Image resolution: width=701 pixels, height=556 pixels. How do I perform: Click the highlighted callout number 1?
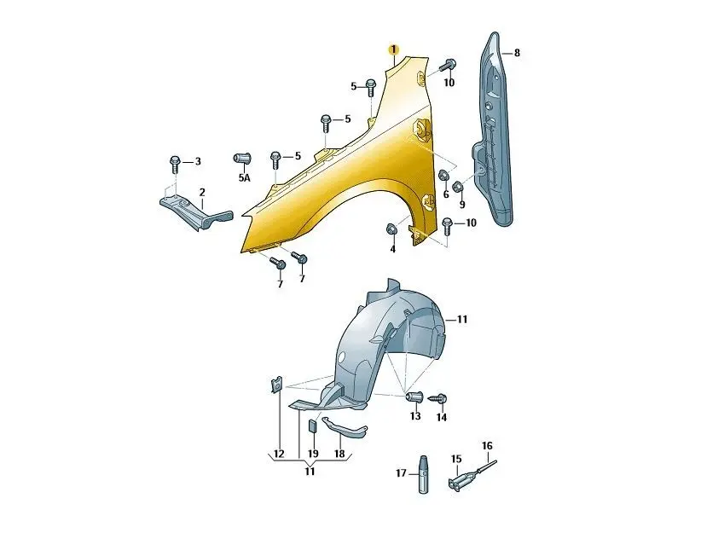pos(394,49)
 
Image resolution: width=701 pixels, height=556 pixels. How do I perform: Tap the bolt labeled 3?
pos(175,165)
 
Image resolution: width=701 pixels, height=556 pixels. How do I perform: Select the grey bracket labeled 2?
pos(196,211)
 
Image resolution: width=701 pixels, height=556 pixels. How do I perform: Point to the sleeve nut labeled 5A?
pos(242,159)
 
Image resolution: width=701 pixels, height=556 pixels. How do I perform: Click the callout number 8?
pos(517,53)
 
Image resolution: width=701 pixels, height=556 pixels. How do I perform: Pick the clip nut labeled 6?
pos(443,175)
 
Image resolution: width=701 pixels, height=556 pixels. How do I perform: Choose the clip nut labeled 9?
pos(458,187)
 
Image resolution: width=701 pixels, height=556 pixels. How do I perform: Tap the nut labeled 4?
pos(391,229)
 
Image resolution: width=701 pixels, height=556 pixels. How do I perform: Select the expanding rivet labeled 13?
pos(413,397)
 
